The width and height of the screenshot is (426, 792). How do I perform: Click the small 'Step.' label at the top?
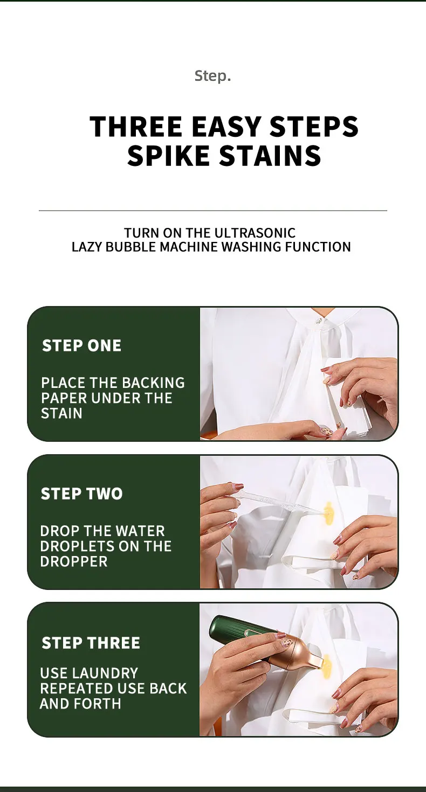click(212, 75)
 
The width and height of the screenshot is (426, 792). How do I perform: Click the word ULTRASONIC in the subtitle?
click(255, 233)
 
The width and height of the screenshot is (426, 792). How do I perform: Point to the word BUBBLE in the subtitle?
click(131, 246)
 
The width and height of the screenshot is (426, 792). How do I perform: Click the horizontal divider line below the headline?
click(213, 210)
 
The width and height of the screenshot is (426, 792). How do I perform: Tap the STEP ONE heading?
click(82, 345)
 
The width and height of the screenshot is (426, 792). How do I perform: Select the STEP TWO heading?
click(82, 494)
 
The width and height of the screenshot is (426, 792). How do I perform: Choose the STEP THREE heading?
click(91, 642)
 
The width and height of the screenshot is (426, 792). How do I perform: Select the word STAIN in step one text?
click(61, 413)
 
